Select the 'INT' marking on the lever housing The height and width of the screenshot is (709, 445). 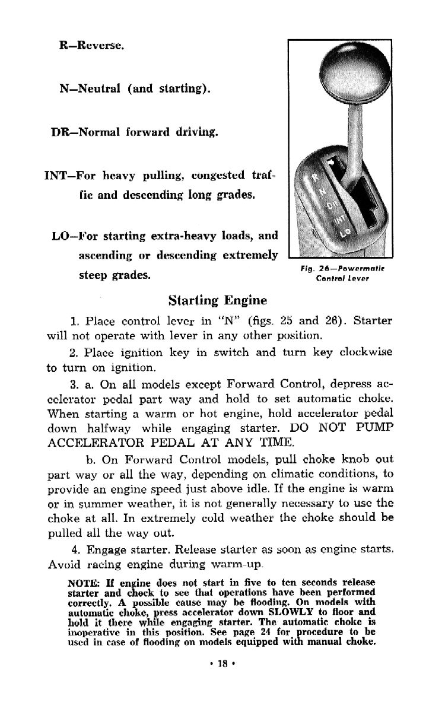tap(338, 220)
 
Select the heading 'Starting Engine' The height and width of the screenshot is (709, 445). tap(217, 299)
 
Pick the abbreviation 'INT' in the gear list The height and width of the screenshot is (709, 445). tap(57, 176)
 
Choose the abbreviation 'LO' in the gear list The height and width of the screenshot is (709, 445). tap(62, 236)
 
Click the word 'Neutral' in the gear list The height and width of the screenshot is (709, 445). tap(97, 89)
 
